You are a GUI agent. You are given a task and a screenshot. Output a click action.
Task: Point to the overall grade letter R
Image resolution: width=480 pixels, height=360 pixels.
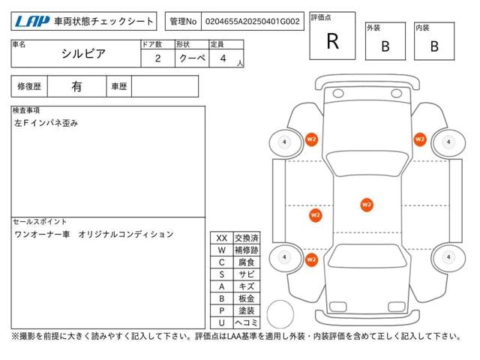click(x=332, y=42)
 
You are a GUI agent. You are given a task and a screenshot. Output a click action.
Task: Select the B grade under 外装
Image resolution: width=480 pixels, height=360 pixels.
click(x=385, y=46)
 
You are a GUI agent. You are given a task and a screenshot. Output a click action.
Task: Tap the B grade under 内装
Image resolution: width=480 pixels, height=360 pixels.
click(x=433, y=46)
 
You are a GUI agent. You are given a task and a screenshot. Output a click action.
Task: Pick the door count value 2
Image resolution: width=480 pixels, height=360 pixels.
click(x=157, y=58)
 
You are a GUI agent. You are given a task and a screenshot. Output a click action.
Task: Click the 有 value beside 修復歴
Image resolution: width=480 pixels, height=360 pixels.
click(x=76, y=86)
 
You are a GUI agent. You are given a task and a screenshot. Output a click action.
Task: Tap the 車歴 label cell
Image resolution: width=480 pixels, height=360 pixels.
click(x=119, y=86)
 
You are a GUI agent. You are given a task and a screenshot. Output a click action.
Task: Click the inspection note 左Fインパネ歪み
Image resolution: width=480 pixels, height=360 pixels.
click(x=46, y=122)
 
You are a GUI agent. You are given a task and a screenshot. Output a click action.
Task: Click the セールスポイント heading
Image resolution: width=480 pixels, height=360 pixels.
click(x=40, y=222)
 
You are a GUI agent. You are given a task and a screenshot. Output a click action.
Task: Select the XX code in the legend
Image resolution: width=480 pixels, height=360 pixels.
click(x=221, y=238)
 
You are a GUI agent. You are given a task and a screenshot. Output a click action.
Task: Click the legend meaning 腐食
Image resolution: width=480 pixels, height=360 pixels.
click(x=246, y=262)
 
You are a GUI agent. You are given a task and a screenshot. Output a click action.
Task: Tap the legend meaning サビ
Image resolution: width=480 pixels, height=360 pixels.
click(x=246, y=274)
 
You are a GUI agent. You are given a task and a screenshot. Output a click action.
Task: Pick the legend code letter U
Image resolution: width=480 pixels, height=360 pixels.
click(x=221, y=322)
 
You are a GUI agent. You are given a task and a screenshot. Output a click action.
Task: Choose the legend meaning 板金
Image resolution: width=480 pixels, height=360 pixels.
click(x=246, y=298)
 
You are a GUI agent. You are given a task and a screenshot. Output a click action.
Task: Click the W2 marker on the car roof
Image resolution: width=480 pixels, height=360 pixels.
click(x=366, y=203)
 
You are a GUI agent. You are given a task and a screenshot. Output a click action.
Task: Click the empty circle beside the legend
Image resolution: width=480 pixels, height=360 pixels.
click(x=279, y=312)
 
